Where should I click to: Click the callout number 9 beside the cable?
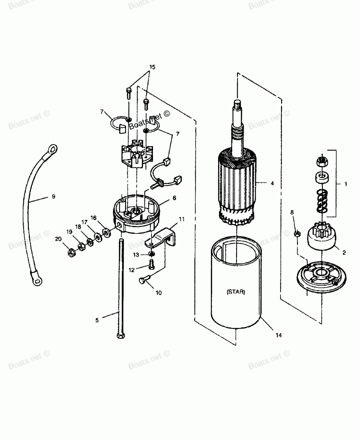click(x=53, y=196)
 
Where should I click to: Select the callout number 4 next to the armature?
click(x=272, y=183)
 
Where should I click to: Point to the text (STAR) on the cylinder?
click(x=236, y=292)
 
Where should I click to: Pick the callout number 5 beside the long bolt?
click(x=97, y=320)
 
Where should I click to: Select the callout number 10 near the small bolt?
click(x=158, y=293)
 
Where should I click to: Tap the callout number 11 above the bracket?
click(x=181, y=219)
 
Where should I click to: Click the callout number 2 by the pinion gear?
click(x=344, y=253)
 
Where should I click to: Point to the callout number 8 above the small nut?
click(x=292, y=212)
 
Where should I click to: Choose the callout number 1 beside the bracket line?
click(x=346, y=184)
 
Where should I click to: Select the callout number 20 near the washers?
click(x=58, y=239)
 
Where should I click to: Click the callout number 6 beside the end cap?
click(x=174, y=198)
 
